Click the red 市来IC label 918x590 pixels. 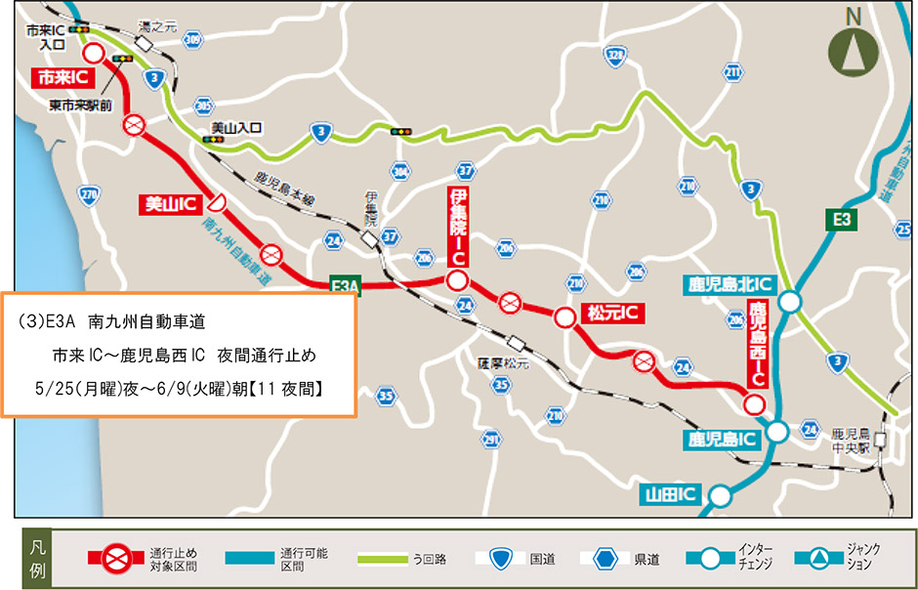[64, 76]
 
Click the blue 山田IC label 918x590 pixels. [670, 494]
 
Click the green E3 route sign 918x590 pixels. [842, 220]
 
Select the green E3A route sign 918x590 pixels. [346, 284]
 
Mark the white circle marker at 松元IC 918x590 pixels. [564, 317]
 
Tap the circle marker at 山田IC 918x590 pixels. [719, 495]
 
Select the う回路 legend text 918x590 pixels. [430, 560]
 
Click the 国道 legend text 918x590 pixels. [543, 560]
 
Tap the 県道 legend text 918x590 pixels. [647, 560]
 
